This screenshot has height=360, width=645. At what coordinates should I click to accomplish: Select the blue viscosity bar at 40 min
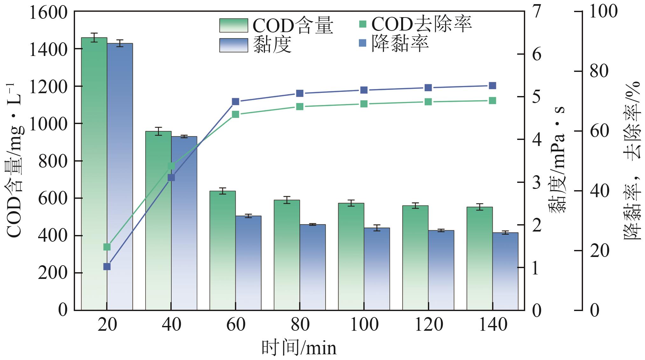click(184, 223)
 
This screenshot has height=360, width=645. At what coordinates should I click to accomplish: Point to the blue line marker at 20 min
click(107, 267)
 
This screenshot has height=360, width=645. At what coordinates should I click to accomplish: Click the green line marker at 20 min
click(107, 247)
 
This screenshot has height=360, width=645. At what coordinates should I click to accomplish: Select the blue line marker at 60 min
click(236, 101)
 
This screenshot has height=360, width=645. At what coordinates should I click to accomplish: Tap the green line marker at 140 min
click(492, 101)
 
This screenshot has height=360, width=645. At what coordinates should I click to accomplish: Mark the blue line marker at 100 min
click(364, 90)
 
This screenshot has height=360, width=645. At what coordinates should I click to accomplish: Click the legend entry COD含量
click(276, 25)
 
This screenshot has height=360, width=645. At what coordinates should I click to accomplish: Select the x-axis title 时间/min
click(299, 348)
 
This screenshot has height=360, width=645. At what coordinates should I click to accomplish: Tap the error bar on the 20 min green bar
click(94, 37)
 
